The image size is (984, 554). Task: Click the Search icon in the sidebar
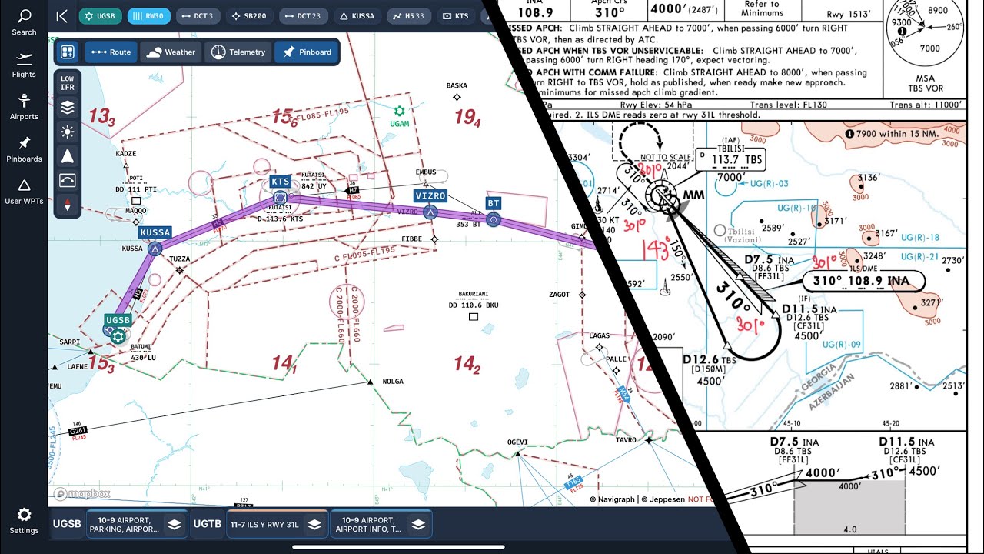tap(24, 22)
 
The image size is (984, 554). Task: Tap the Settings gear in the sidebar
tap(24, 519)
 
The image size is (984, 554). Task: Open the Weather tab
tap(170, 52)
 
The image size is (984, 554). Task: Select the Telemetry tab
tap(238, 52)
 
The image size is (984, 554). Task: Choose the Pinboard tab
tap(307, 52)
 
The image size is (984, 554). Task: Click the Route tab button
tap(110, 52)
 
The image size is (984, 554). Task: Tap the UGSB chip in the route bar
tap(100, 15)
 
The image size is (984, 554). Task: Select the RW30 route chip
tap(149, 15)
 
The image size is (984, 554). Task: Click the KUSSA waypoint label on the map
tap(155, 232)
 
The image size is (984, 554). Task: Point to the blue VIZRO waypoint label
tap(430, 196)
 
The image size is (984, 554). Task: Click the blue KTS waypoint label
tap(281, 182)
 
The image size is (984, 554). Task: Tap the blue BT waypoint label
tap(494, 204)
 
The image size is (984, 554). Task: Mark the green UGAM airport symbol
tap(399, 112)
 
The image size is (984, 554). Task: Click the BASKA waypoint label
tap(457, 86)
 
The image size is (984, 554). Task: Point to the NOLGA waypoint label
tap(393, 382)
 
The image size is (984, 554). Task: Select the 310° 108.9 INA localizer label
tap(863, 281)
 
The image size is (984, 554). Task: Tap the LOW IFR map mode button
tap(68, 83)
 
